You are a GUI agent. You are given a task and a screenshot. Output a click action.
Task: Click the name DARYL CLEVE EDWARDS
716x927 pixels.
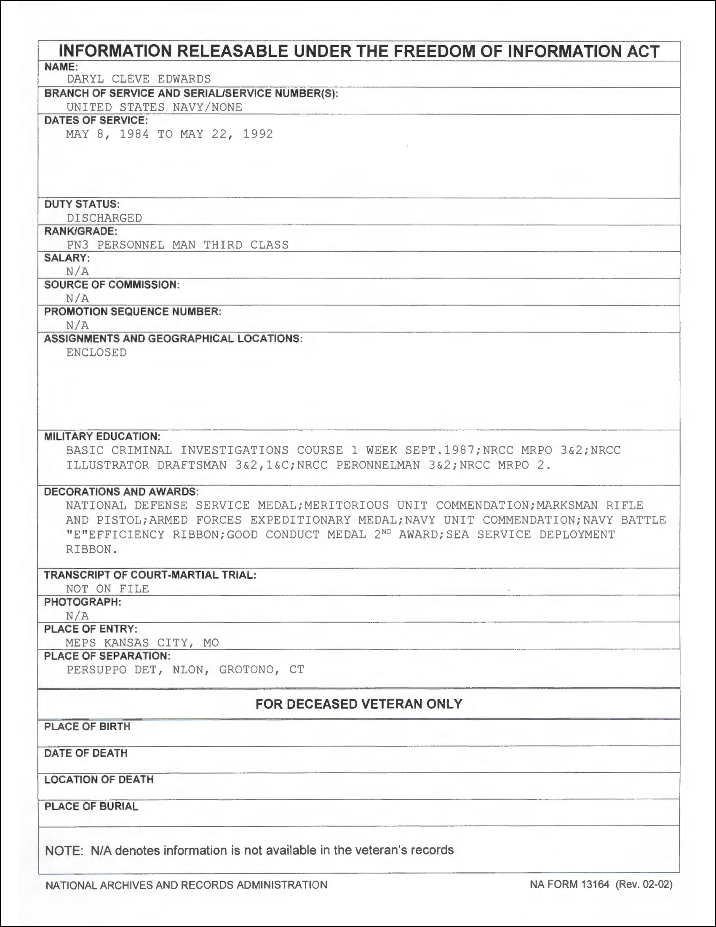pos(139,79)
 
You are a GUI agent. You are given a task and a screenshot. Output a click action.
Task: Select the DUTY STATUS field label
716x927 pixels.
pos(82,204)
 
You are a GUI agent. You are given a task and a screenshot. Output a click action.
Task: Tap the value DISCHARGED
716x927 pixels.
pos(104,218)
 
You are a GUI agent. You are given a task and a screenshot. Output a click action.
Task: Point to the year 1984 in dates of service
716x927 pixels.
pos(134,134)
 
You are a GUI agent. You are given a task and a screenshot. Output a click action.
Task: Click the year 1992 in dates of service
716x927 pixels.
pos(258,134)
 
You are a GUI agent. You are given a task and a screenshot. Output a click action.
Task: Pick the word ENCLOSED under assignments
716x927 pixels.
pos(96,353)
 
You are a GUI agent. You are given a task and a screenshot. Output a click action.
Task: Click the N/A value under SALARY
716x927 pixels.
pos(77,271)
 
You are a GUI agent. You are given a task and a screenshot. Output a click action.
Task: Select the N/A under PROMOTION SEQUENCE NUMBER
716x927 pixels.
pos(77,326)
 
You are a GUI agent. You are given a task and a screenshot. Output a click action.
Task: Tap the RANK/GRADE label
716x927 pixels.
pos(80,231)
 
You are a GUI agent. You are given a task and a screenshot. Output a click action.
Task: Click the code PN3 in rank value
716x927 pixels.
pos(77,245)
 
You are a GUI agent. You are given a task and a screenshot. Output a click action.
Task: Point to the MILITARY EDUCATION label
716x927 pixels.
pos(102,437)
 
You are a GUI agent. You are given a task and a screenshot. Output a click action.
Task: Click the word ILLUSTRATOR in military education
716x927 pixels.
pos(108,465)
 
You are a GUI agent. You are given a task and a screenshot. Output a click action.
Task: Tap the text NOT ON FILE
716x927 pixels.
pos(107,589)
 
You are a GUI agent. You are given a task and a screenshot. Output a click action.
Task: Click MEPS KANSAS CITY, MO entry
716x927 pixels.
pos(142,643)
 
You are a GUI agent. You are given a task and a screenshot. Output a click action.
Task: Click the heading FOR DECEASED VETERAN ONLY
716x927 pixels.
pos(359,704)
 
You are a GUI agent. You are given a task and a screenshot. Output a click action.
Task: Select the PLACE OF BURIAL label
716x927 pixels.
pos(91,806)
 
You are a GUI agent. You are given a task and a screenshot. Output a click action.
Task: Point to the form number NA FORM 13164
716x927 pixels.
pos(569,884)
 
